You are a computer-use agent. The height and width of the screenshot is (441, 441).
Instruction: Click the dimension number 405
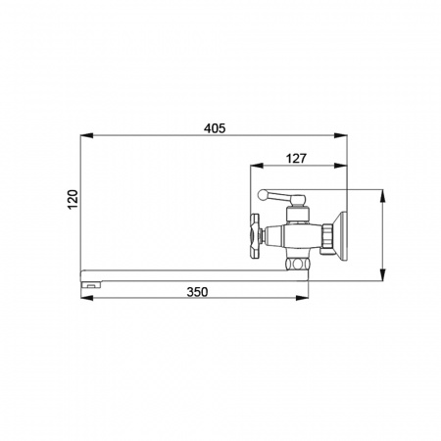click(x=215, y=128)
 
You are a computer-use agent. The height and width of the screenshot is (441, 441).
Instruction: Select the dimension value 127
click(x=296, y=159)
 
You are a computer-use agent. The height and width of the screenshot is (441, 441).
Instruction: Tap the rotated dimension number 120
click(x=73, y=199)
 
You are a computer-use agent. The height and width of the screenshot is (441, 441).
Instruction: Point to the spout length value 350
click(x=197, y=291)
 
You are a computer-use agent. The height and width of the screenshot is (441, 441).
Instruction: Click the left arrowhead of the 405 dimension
click(x=87, y=135)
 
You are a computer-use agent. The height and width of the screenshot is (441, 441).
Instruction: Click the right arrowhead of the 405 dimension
click(x=341, y=135)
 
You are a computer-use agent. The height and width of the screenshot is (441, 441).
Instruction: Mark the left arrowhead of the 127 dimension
click(x=257, y=166)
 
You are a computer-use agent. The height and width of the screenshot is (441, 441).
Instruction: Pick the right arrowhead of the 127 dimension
click(x=341, y=166)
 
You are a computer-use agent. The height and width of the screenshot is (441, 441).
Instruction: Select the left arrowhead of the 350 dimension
click(x=87, y=298)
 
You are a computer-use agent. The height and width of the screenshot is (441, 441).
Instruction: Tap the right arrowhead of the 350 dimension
click(x=302, y=298)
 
